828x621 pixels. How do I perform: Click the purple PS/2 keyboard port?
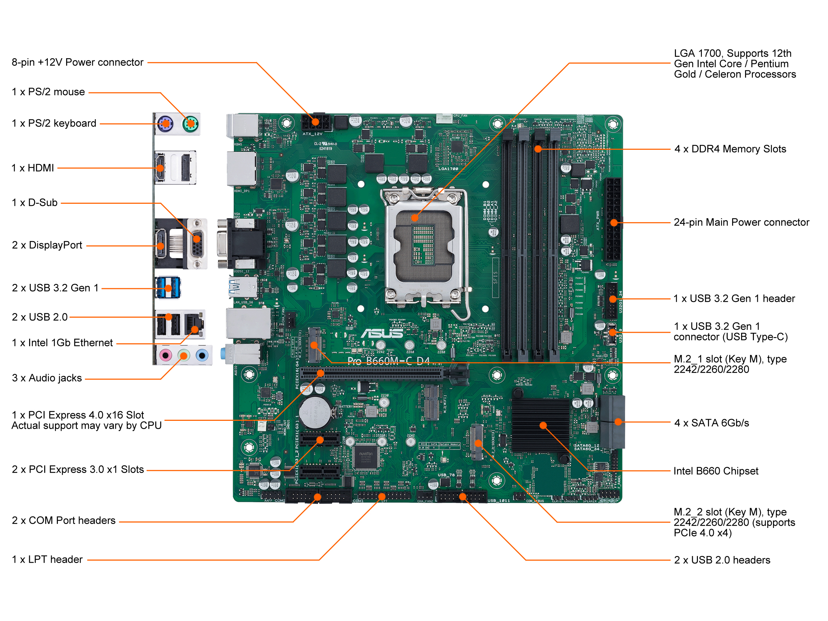[x=165, y=123]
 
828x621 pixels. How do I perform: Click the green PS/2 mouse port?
[x=190, y=123]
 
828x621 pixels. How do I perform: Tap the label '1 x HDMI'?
[x=33, y=168]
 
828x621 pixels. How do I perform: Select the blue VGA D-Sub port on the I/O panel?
[x=197, y=244]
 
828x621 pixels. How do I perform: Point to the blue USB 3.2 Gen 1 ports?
[x=168, y=287]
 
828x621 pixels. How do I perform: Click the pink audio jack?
[x=165, y=354]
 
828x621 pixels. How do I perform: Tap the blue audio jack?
[x=202, y=354]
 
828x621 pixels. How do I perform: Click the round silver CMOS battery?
[x=315, y=413]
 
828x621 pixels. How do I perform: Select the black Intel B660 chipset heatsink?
[x=540, y=425]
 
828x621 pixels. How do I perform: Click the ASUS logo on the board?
[x=382, y=333]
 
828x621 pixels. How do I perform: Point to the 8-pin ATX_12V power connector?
[x=316, y=122]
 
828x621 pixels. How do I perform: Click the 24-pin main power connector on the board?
[x=612, y=219]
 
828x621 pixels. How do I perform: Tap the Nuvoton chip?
[x=366, y=456]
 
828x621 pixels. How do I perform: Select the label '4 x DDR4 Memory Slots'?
[x=730, y=149]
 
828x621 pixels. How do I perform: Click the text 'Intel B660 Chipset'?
[x=716, y=471]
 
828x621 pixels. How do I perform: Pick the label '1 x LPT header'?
[x=47, y=559]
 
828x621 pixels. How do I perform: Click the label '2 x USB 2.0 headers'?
[x=722, y=560]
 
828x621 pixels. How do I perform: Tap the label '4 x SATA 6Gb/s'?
[x=712, y=423]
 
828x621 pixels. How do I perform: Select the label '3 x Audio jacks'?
[x=47, y=378]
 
